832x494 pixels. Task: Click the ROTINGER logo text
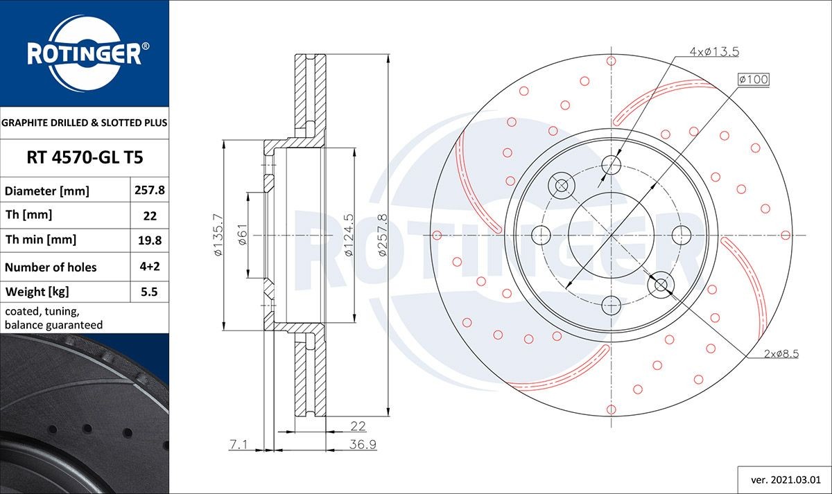click(84, 54)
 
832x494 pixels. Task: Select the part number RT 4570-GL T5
click(85, 158)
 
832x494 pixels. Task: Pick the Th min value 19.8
click(150, 240)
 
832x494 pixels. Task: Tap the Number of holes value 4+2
click(150, 267)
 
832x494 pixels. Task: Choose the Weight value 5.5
click(150, 292)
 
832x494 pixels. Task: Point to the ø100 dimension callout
click(754, 80)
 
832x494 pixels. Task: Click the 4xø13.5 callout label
click(713, 51)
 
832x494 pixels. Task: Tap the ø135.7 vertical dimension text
click(218, 236)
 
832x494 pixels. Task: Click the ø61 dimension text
click(243, 236)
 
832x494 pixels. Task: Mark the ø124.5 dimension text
click(349, 236)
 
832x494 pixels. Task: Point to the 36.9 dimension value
click(361, 445)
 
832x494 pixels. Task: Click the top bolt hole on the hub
click(611, 165)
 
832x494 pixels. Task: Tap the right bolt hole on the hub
click(681, 234)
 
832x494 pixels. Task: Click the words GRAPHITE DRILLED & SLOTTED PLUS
click(85, 123)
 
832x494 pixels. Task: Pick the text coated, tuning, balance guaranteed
click(53, 318)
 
